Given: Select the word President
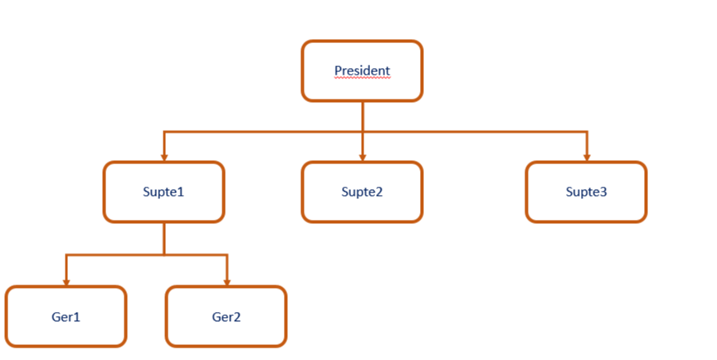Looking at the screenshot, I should click(x=362, y=71).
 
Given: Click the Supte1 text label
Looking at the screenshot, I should click(x=163, y=192).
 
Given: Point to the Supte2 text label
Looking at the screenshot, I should click(x=362, y=192).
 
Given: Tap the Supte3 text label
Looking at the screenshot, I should click(x=586, y=192).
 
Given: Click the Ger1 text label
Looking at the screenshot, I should click(x=66, y=316).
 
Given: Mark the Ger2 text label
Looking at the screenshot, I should click(x=226, y=316).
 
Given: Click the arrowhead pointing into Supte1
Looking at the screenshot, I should click(x=163, y=157).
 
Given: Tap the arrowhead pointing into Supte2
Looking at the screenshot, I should click(x=362, y=157).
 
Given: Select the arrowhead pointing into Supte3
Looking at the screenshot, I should click(x=586, y=157).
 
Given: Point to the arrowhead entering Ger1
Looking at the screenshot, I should click(x=66, y=281).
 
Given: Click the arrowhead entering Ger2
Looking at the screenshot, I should click(x=226, y=281).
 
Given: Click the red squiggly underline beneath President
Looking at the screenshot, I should click(x=362, y=77).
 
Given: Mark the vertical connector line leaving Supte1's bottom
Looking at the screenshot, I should click(x=163, y=239).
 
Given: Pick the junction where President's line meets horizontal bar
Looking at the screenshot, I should click(x=362, y=131).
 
